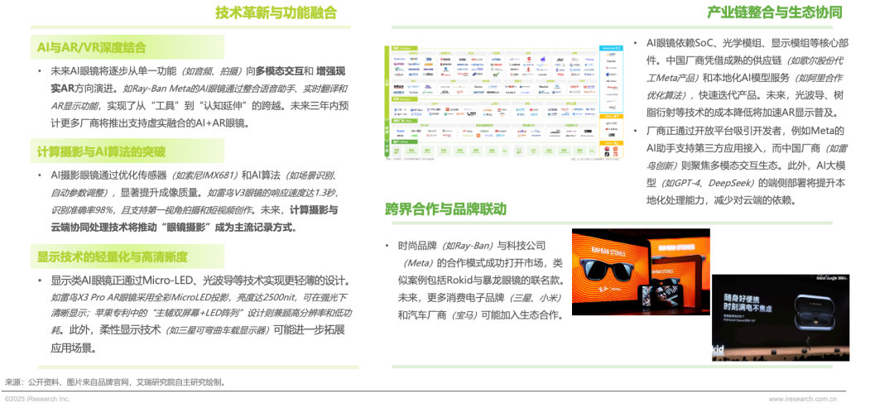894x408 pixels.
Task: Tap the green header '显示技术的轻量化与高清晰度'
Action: coord(112,256)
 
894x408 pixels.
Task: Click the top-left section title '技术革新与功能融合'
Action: coord(276,12)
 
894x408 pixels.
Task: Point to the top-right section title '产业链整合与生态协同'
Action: coord(775,12)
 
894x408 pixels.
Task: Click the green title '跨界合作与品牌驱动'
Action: coord(445,208)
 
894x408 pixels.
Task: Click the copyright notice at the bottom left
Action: coord(36,399)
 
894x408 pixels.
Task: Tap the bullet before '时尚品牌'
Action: coord(387,247)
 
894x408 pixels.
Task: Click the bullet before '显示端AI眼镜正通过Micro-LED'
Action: coord(39,280)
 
